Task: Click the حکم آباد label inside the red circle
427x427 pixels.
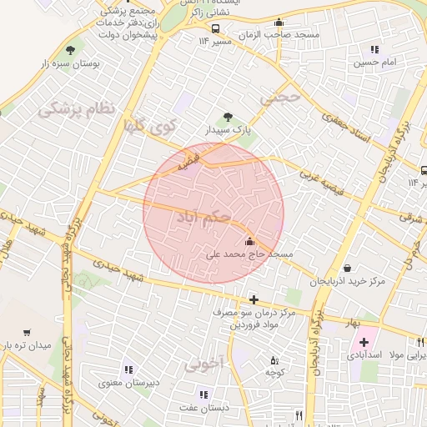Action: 205,218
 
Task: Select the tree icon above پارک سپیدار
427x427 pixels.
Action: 227,118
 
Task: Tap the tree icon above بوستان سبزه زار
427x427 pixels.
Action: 69,49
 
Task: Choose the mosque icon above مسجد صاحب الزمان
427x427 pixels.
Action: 278,23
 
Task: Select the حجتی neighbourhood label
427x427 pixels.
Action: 277,98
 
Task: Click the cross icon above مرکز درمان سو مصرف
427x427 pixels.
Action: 254,299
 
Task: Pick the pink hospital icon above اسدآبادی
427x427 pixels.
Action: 364,342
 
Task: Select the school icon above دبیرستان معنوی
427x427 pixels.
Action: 127,369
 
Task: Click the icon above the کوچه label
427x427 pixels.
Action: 275,360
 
